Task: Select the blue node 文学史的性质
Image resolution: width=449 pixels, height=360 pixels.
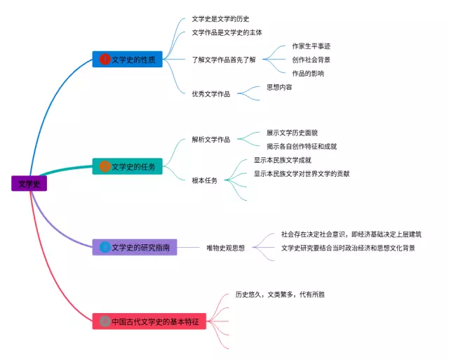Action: (128, 60)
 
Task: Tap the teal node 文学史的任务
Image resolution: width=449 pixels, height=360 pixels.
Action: (128, 166)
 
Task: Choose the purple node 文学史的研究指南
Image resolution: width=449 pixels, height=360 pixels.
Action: (135, 247)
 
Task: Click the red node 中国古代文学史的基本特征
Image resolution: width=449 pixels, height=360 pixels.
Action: (149, 321)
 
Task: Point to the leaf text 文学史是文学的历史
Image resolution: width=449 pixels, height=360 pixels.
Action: (220, 19)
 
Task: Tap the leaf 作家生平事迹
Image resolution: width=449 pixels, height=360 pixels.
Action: (311, 46)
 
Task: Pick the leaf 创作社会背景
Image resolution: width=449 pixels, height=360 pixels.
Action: (311, 60)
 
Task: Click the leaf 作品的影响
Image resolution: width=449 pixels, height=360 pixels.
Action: (308, 73)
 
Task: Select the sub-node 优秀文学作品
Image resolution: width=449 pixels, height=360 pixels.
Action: (210, 93)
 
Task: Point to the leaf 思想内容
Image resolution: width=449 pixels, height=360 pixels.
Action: (279, 87)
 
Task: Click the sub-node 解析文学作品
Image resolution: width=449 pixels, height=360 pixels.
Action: (210, 140)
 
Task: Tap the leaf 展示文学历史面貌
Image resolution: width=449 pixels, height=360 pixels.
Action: (292, 133)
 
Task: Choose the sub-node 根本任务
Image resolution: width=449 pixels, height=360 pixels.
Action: (204, 180)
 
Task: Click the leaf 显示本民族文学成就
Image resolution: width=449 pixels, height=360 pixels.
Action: (282, 160)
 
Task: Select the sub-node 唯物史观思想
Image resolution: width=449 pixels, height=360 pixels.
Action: (225, 248)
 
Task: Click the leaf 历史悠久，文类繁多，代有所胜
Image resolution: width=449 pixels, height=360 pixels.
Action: (280, 295)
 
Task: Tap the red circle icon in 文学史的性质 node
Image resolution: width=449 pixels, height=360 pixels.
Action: (105, 60)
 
